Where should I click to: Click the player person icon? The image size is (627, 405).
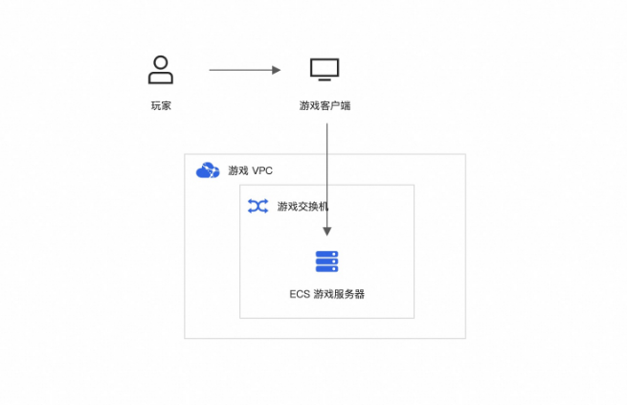pos(161,70)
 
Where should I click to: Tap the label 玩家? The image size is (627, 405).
pos(161,105)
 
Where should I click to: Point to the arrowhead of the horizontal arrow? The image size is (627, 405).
pos(277,70)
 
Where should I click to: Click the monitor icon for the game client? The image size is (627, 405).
pos(325,70)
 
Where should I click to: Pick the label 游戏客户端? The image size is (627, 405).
pos(325,105)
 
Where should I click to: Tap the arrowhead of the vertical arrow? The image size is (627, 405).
pos(327,232)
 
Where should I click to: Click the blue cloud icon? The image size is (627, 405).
pos(208,170)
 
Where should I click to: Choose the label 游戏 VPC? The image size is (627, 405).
pos(250,171)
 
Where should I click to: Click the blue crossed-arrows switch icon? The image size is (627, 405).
pos(258,206)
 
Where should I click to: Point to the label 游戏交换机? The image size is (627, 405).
pos(303,206)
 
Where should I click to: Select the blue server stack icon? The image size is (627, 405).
pos(327,261)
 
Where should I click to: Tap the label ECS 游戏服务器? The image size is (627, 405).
pos(326,294)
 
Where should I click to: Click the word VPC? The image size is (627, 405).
pos(262,171)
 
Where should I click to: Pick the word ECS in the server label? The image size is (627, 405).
pos(299,294)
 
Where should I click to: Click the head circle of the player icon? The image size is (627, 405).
pos(161,62)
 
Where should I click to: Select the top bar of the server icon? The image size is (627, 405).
pos(327,254)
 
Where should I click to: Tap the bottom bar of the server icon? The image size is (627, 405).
pos(327,269)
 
